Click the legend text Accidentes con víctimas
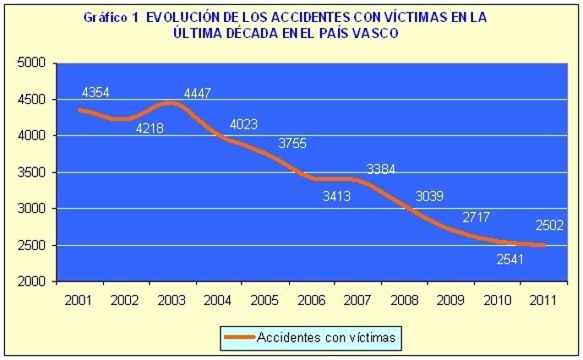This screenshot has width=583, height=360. pos(327,338)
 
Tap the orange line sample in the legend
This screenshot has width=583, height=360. pos(240,338)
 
